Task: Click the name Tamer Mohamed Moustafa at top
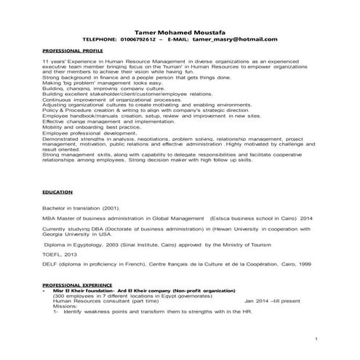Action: tap(180, 31)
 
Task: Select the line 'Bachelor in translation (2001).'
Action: tap(81, 207)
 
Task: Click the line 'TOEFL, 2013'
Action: tap(59, 255)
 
